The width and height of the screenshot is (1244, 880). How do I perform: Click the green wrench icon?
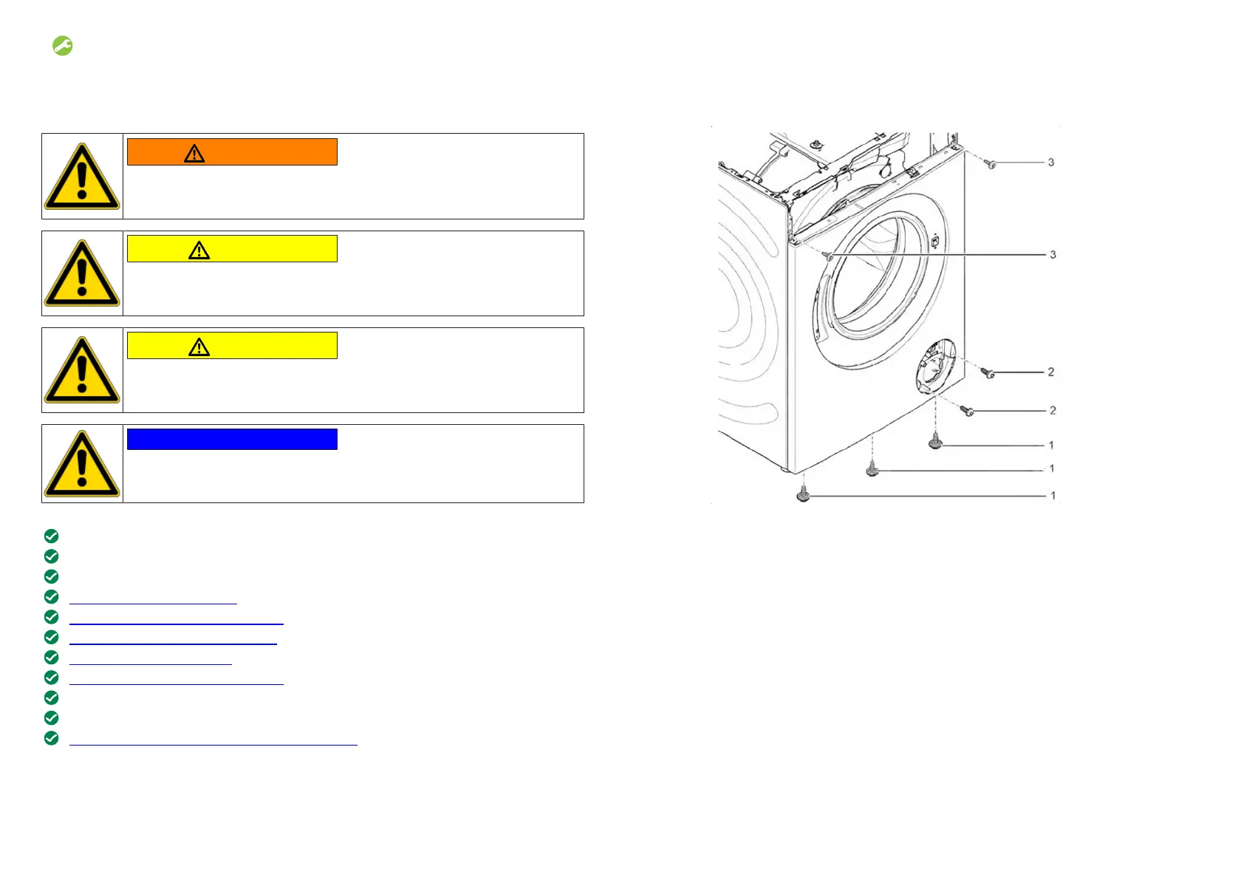click(x=63, y=46)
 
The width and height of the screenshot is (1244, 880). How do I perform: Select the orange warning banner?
click(x=232, y=151)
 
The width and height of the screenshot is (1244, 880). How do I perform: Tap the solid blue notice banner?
click(x=232, y=439)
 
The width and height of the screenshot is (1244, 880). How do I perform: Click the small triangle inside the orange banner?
click(x=194, y=154)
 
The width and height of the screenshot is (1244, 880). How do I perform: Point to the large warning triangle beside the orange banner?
click(x=82, y=177)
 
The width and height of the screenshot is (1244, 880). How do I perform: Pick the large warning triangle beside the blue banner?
click(x=82, y=464)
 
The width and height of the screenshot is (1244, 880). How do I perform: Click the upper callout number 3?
click(x=1050, y=163)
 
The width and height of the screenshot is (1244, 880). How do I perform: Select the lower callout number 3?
click(x=1053, y=254)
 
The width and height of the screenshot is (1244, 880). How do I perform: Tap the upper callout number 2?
click(x=1050, y=372)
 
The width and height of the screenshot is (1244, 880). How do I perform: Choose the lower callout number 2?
click(x=1053, y=410)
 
